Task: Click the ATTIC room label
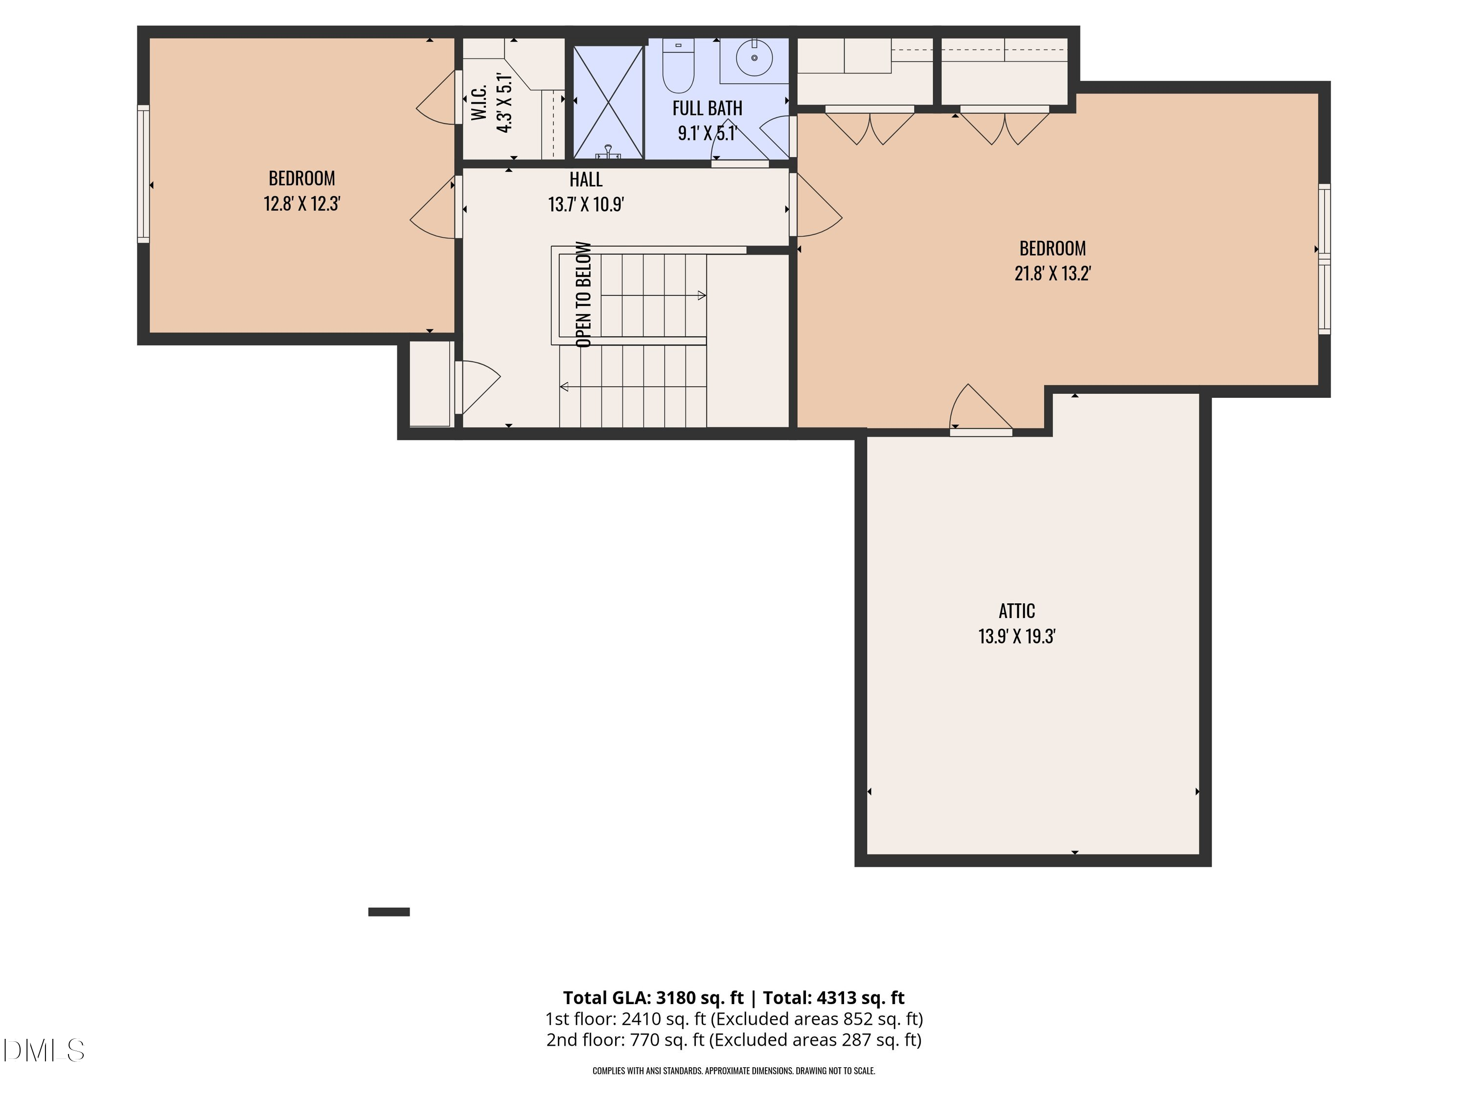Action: (1017, 611)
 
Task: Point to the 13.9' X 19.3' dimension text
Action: (1017, 637)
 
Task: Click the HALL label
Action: (586, 179)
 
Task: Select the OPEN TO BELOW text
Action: (583, 294)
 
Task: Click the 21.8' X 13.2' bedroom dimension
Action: (1053, 274)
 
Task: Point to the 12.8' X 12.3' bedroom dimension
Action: (302, 203)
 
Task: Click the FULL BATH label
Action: (708, 108)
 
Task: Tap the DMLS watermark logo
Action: (44, 1050)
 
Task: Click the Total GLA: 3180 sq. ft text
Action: (654, 997)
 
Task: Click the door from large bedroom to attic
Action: (981, 410)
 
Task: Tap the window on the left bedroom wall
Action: (143, 174)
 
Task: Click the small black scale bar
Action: (389, 912)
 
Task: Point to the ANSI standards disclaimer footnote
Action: (734, 1071)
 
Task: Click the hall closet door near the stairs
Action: (477, 388)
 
